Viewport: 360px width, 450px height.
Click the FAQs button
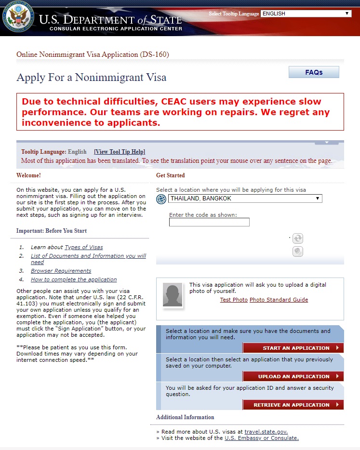[x=314, y=72]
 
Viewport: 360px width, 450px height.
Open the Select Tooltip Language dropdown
[x=306, y=13]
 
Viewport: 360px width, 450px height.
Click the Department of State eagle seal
[x=17, y=17]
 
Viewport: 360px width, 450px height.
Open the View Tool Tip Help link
[x=120, y=152]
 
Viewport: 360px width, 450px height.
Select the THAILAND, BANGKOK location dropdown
[x=245, y=199]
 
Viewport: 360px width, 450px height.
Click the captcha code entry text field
[x=209, y=222]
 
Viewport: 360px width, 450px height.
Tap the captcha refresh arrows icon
[x=298, y=238]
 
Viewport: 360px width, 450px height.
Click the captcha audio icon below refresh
[x=298, y=251]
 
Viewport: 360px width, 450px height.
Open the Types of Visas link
[x=84, y=247]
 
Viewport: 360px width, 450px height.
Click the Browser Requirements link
[x=61, y=271]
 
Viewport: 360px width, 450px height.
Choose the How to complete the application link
[x=74, y=279]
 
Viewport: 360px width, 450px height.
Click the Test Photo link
[x=234, y=300]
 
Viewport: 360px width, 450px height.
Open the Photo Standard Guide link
[x=279, y=300]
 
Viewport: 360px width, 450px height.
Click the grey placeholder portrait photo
[x=173, y=295]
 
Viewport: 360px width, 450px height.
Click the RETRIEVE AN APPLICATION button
[x=293, y=405]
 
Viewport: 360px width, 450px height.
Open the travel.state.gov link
[x=266, y=432]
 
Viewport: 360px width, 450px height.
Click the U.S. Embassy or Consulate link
[x=262, y=438]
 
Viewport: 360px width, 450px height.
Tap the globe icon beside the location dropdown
[x=161, y=199]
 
